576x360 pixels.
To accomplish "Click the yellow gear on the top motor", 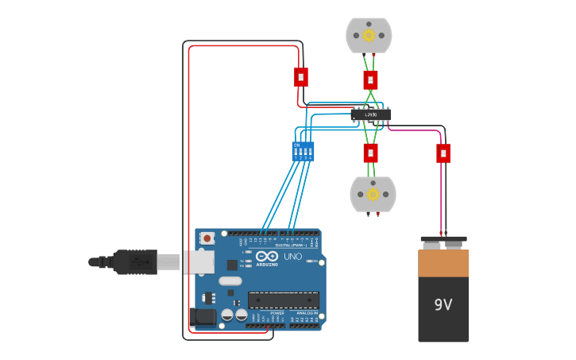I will click(369, 35).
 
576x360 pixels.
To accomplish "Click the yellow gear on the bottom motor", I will click(372, 194).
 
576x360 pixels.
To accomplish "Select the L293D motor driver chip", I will click(371, 114).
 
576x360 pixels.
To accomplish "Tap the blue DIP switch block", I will click(303, 152).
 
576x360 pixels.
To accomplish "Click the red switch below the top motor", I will click(370, 79).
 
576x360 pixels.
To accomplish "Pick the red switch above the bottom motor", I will click(370, 153).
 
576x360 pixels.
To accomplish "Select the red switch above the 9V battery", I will click(443, 153).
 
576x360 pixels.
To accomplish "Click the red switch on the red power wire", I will click(300, 77).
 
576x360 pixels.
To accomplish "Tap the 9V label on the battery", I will click(443, 304).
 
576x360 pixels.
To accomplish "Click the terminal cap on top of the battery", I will click(443, 240).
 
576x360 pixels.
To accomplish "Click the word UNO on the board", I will click(293, 257).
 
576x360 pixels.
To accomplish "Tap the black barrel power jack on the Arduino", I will click(204, 317).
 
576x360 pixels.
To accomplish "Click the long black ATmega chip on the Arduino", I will click(284, 300).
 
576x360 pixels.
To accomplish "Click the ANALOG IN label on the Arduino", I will click(306, 313).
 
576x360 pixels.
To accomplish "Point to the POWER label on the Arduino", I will click(277, 313).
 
